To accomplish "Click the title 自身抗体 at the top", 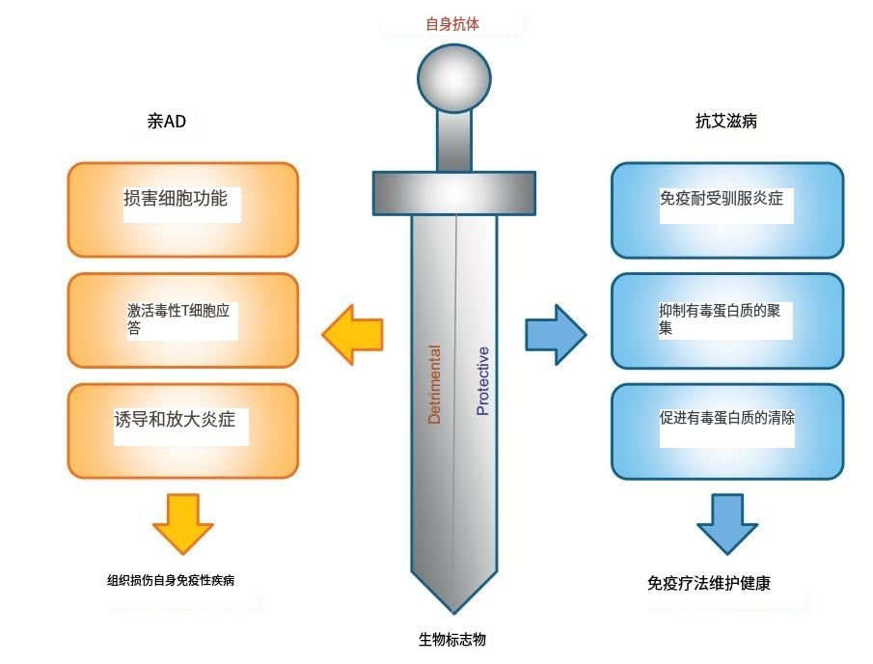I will pos(452,24).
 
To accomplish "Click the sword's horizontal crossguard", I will pos(453,191).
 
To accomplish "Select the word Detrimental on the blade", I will pos(435,384).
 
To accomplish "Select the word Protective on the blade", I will pos(482,380).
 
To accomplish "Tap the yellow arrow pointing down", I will pos(182,522).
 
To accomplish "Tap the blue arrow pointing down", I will pos(727,522).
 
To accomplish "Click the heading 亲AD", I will pos(166,122).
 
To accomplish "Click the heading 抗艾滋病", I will pos(726,122).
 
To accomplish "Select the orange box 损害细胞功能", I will pos(182,209).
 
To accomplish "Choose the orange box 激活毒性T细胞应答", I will pos(182,320).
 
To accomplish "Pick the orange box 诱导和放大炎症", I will pos(182,430).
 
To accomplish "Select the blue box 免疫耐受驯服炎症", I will pos(727,209).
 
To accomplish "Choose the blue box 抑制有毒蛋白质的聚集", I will pos(727,320).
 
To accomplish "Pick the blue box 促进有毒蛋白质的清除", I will pos(727,430).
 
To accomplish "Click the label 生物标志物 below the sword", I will pos(453,639).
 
